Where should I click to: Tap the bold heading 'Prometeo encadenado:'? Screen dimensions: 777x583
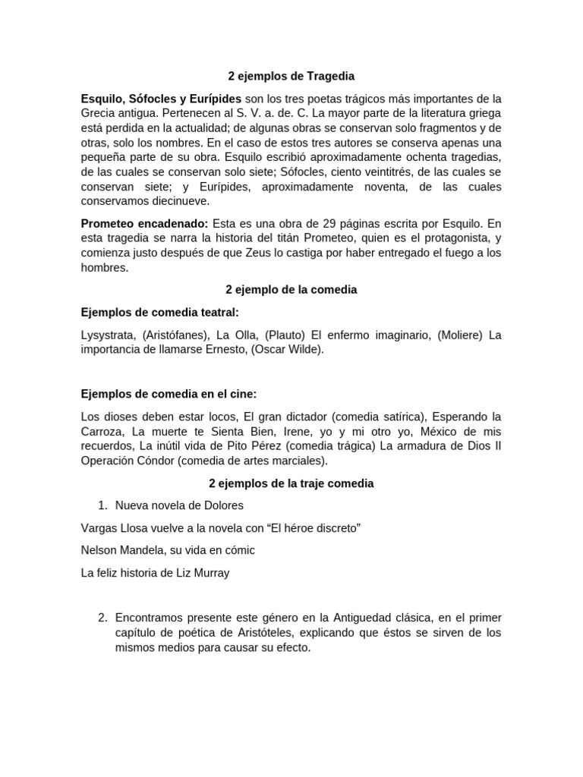coord(145,224)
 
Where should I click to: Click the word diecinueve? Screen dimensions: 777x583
coord(175,202)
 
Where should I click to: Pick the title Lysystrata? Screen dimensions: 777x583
coord(108,335)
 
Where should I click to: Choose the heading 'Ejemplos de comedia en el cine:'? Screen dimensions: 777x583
coord(169,393)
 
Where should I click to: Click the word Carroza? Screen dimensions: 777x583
coord(104,431)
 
